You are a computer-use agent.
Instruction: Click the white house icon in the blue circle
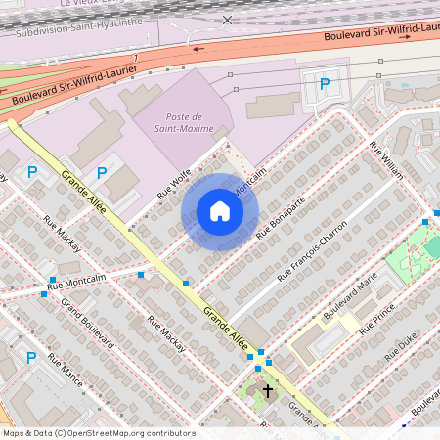pyautogui.click(x=220, y=211)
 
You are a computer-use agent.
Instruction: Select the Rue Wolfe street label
pyautogui.click(x=174, y=182)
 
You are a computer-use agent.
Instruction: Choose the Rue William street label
pyautogui.click(x=386, y=160)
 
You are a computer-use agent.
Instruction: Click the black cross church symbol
pyautogui.click(x=267, y=391)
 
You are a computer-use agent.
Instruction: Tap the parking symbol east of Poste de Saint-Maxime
pyautogui.click(x=324, y=84)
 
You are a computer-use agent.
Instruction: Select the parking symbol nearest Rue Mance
pyautogui.click(x=31, y=357)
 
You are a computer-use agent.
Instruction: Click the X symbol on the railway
pyautogui.click(x=228, y=20)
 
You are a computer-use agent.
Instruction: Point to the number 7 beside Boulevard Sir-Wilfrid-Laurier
pyautogui.click(x=135, y=61)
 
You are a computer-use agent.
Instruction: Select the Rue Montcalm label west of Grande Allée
pyautogui.click(x=84, y=281)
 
